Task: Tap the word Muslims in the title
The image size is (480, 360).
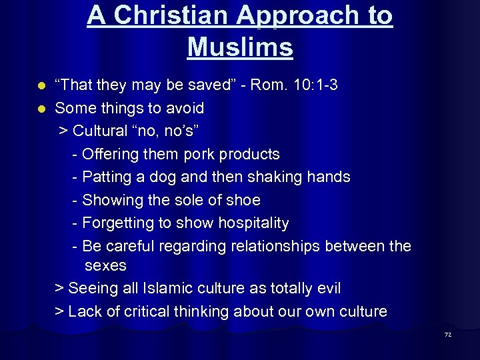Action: [x=240, y=47]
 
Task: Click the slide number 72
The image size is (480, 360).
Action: [x=448, y=335]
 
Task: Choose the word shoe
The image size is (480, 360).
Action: [x=243, y=200]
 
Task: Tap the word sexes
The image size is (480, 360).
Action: [x=105, y=265]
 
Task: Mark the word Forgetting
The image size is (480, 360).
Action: [x=119, y=223]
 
